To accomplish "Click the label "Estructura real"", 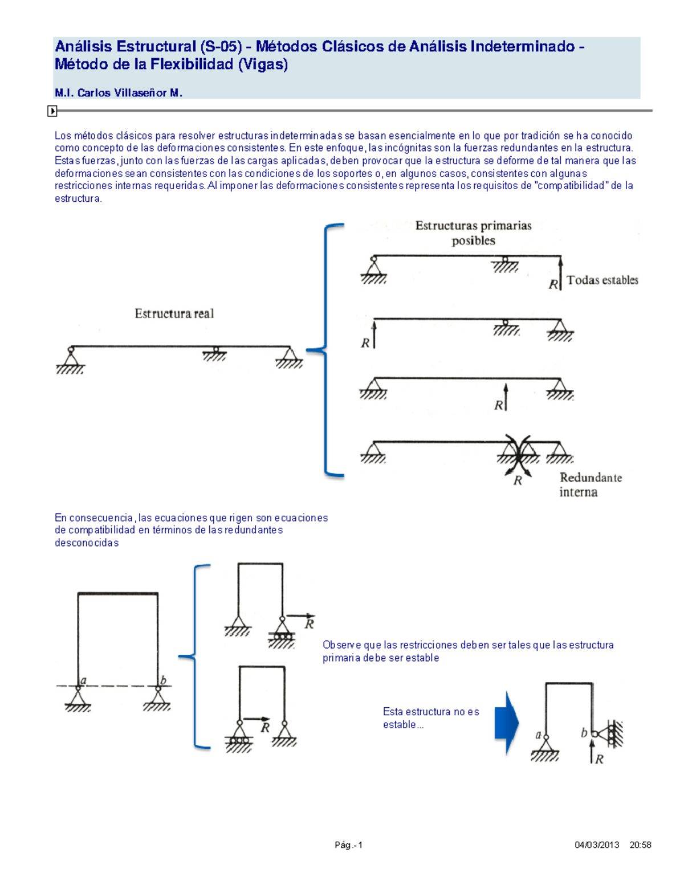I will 174,313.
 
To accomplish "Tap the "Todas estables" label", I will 602,280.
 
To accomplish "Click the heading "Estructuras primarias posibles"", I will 473,233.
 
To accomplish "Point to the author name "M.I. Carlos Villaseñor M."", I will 119,93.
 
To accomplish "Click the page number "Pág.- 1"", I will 348,845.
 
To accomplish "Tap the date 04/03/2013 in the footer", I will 597,845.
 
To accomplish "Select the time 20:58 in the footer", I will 640,845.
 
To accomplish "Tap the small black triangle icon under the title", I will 52,111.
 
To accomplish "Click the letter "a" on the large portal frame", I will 83,680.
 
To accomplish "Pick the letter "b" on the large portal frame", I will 163,680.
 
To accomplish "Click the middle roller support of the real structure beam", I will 215,354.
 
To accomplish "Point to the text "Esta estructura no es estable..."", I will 430,718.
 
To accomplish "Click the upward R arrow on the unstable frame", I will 592,751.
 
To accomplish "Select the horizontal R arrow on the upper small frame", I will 300,616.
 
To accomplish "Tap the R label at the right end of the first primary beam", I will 553,284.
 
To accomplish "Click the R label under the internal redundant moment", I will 518,481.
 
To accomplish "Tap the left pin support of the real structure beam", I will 70,359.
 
